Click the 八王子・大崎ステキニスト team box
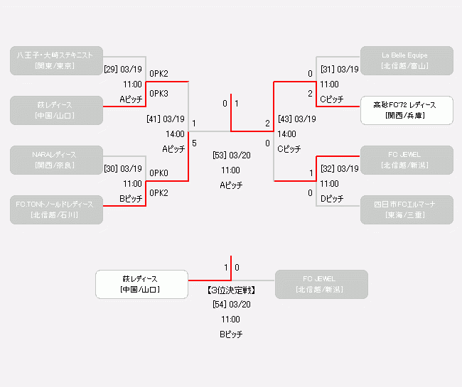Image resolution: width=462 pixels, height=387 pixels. point(56,60)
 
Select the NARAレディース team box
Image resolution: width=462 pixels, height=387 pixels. point(56,160)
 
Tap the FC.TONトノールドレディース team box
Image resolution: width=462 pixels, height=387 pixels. point(56,209)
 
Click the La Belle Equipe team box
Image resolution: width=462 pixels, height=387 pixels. point(406,60)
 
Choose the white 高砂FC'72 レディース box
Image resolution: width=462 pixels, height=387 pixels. point(406,110)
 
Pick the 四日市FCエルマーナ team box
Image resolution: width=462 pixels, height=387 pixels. point(406,209)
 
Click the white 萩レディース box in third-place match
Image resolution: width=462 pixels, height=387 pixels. point(141,284)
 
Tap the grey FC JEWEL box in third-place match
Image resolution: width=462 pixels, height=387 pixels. point(321,284)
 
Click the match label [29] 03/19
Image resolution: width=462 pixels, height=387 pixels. point(124,70)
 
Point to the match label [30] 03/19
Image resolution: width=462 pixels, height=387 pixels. point(124,169)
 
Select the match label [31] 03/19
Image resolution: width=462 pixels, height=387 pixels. point(339,70)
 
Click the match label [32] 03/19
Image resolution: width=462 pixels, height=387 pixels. point(339,169)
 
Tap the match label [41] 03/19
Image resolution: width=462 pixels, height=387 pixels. point(165,119)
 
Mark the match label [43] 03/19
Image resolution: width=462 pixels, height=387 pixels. point(296,119)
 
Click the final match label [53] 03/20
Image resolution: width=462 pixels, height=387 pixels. point(231,155)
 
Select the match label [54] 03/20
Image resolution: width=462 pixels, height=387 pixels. point(231,304)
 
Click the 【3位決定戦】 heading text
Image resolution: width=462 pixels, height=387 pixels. point(231,290)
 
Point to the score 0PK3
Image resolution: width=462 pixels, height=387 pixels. point(159,94)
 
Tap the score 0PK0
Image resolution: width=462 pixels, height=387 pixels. point(159,173)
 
